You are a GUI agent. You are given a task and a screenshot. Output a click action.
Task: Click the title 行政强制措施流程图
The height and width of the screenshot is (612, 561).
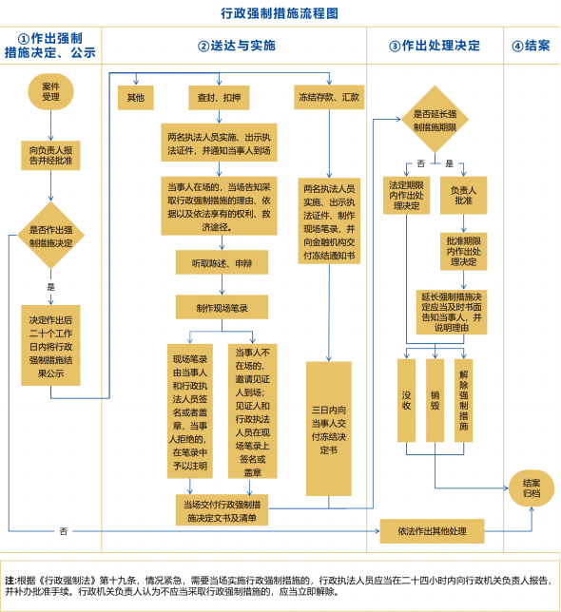(280, 13)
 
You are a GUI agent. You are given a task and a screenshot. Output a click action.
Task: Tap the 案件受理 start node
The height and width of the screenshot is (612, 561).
(50, 91)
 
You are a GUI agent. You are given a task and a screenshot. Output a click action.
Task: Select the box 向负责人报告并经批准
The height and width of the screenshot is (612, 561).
(50, 155)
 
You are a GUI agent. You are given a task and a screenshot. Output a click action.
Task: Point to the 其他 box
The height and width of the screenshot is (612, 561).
(136, 97)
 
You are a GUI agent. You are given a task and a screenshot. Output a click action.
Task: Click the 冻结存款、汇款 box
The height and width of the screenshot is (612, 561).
(328, 97)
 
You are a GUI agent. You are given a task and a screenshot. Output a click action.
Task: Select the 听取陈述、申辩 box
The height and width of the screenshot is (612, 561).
(222, 259)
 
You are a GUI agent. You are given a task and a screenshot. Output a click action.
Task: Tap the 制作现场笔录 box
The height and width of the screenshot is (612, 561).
(222, 306)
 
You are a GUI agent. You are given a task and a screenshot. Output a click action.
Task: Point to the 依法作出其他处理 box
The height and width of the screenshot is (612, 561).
(433, 529)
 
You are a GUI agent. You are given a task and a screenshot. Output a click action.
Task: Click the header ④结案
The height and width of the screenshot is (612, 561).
(531, 46)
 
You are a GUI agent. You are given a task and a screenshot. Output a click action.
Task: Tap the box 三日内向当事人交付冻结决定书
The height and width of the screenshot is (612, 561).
(329, 427)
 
